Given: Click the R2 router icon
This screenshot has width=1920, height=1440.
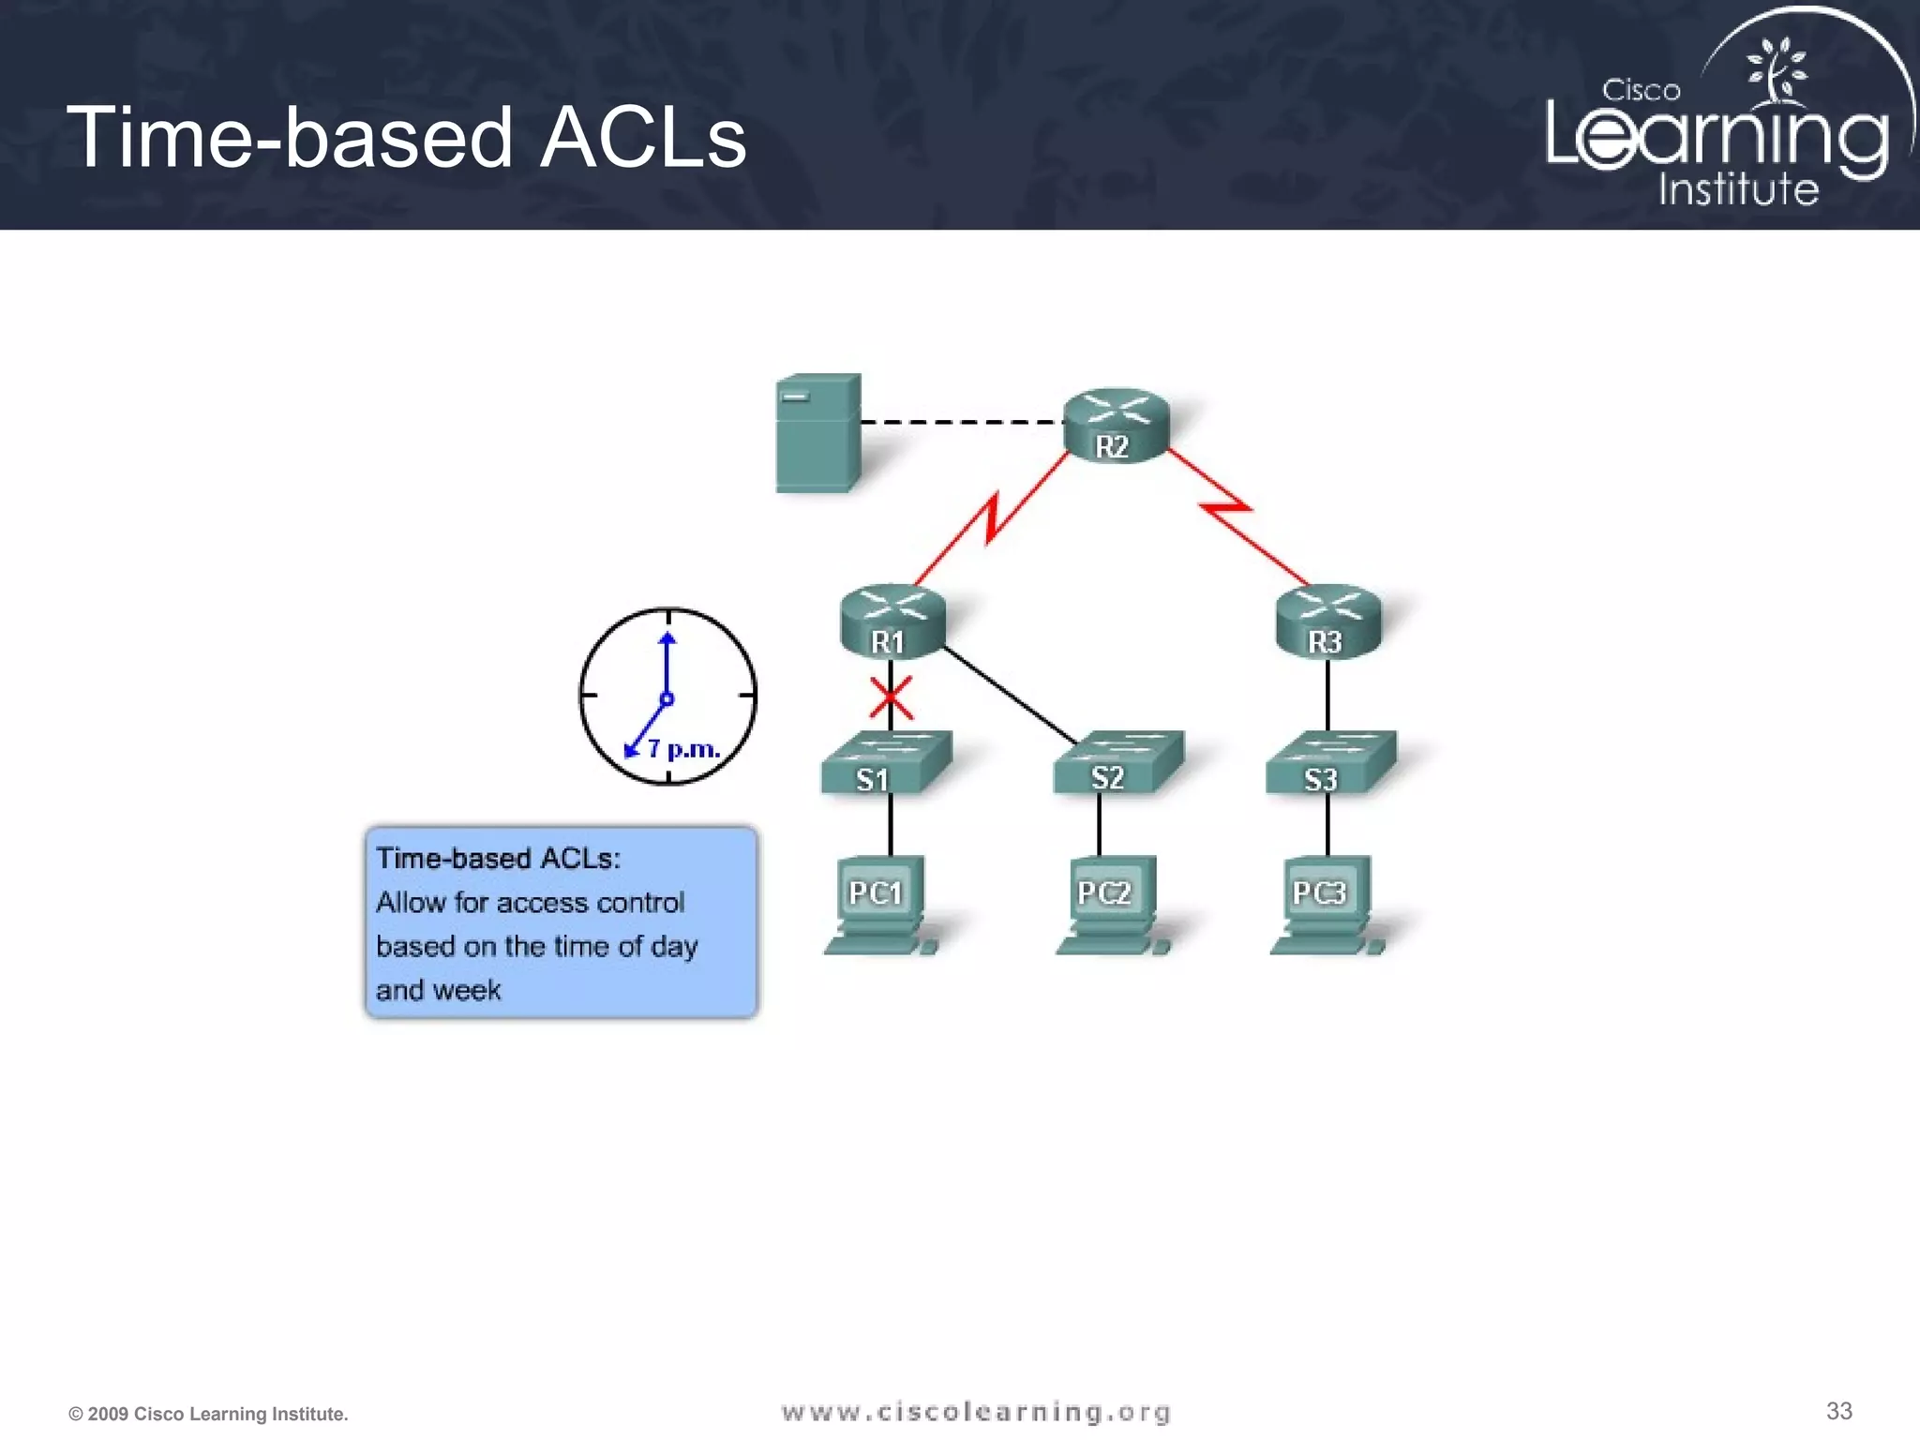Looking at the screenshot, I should (1116, 427).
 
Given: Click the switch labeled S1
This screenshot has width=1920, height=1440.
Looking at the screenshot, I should (885, 764).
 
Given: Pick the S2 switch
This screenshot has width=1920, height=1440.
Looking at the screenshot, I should (1117, 763).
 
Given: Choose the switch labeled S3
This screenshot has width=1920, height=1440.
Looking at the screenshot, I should (1330, 764).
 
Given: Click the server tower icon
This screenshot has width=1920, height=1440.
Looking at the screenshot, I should (817, 433).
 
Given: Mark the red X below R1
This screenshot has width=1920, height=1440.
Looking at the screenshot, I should (891, 698).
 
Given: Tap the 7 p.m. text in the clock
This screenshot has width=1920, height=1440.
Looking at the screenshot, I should (683, 749).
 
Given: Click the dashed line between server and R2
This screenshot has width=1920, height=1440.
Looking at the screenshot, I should (961, 422).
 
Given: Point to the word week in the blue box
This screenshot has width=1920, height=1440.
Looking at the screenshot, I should (466, 990).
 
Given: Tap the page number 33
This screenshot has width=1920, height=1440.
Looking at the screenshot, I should (1838, 1410).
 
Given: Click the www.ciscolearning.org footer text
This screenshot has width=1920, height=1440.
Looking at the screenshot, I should (975, 1412).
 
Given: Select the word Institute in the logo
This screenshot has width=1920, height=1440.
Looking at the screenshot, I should (1738, 189).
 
